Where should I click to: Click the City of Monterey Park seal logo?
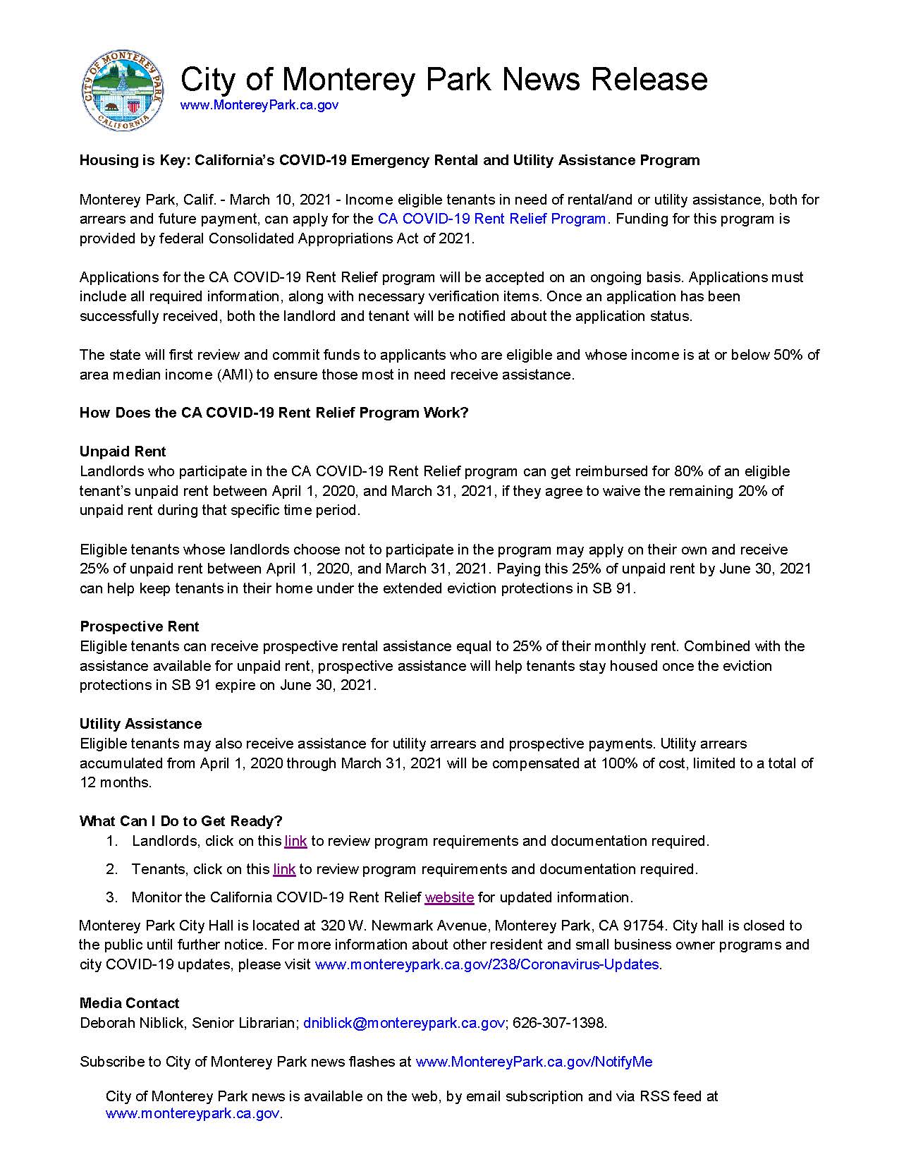pyautogui.click(x=122, y=91)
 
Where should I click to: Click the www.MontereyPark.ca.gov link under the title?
pyautogui.click(x=259, y=105)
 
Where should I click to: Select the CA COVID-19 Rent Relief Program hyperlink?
pyautogui.click(x=491, y=219)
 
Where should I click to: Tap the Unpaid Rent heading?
pyautogui.click(x=123, y=451)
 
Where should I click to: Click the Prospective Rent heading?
pyautogui.click(x=140, y=626)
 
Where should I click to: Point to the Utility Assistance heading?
pyautogui.click(x=140, y=724)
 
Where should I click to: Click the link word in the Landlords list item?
pyautogui.click(x=295, y=841)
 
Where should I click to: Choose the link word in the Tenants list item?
pyautogui.click(x=284, y=869)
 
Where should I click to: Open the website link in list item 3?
pyautogui.click(x=449, y=897)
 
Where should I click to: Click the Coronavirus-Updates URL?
pyautogui.click(x=487, y=964)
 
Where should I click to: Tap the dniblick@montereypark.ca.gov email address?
pyautogui.click(x=404, y=1023)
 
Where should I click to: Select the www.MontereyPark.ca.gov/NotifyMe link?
pyautogui.click(x=534, y=1062)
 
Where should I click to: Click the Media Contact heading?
pyautogui.click(x=129, y=1003)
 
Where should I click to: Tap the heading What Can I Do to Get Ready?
pyautogui.click(x=181, y=821)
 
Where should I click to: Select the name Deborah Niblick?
pyautogui.click(x=131, y=1023)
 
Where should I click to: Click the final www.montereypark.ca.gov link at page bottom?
pyautogui.click(x=192, y=1114)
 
